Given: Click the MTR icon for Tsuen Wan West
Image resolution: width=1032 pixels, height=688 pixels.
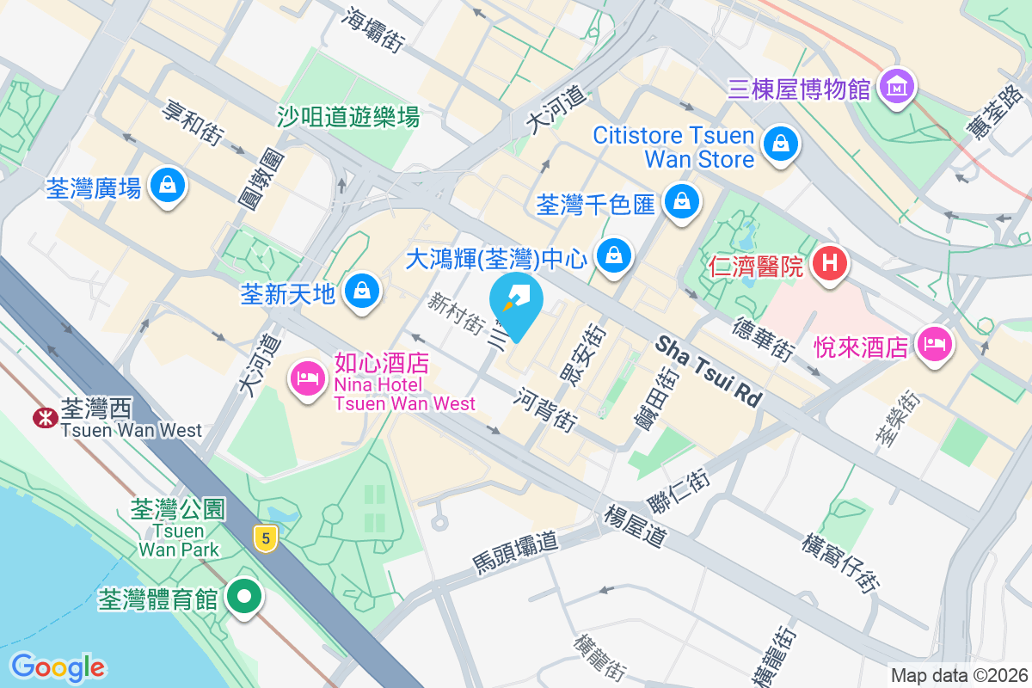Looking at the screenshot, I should tap(42, 418).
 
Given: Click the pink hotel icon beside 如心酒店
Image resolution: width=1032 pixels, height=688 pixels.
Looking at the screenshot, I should tap(308, 378).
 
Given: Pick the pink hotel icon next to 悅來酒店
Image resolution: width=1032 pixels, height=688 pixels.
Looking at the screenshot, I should tap(933, 346).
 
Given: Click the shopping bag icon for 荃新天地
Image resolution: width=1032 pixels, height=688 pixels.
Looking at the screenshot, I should tap(362, 292).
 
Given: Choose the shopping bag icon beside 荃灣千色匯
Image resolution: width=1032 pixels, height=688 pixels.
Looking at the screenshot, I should tap(682, 202).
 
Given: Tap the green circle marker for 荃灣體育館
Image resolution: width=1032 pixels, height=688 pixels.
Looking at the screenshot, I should tap(245, 597).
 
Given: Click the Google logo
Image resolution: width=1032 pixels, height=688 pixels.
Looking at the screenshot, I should tap(58, 666).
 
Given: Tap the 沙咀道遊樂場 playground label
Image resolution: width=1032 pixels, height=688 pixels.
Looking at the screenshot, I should tap(348, 116).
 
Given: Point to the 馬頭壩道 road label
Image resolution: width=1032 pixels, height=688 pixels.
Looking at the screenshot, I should tap(515, 552).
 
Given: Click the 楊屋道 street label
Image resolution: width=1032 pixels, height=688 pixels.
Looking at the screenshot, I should tap(635, 525).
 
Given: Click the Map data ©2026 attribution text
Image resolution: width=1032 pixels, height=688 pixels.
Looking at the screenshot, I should tap(956, 675).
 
